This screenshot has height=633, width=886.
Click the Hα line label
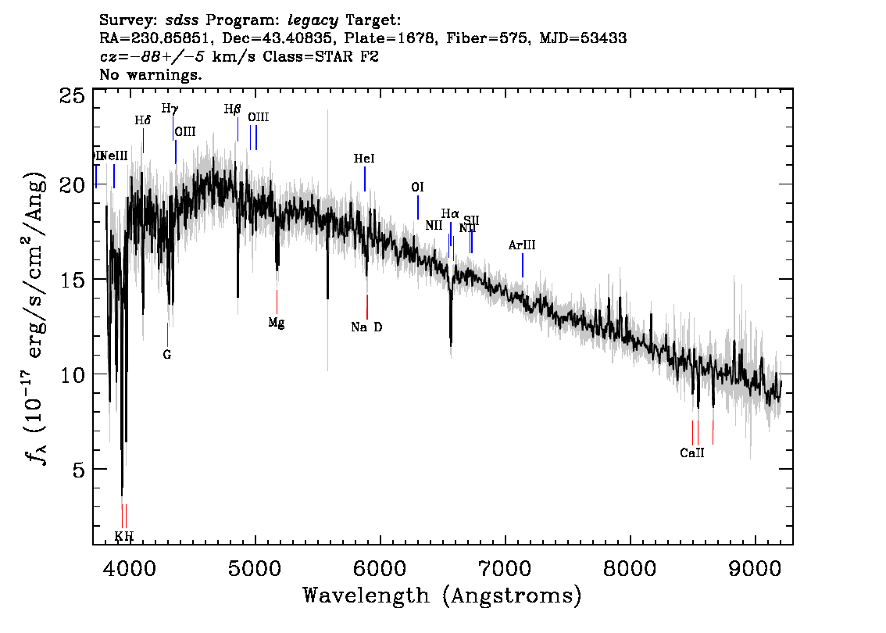point(450,213)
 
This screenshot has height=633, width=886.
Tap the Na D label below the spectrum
point(366,327)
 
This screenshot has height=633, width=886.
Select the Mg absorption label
point(277,323)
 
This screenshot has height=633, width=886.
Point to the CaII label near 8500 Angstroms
point(692,452)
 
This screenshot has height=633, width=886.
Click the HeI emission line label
point(365,159)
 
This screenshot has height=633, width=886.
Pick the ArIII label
point(522,245)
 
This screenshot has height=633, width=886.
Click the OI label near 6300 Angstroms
point(418,188)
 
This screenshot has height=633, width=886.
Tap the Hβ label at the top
point(232,109)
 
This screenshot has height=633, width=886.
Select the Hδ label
point(142,120)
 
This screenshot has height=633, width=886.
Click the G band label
point(167,354)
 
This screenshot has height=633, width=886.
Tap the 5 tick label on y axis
point(79,470)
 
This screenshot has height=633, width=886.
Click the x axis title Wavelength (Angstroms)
point(442,595)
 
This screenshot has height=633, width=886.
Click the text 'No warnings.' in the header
point(151,75)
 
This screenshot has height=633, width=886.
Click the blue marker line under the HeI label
point(365,178)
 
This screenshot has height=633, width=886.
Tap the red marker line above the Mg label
point(277,302)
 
